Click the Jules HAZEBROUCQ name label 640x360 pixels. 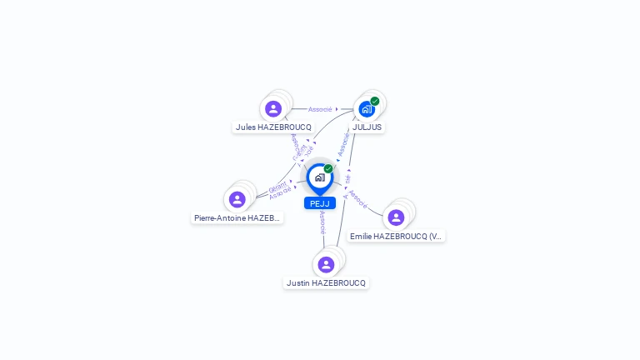tap(273, 127)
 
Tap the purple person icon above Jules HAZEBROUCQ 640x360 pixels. tap(273, 108)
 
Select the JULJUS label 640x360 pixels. tap(367, 127)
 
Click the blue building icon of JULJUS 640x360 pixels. tap(366, 109)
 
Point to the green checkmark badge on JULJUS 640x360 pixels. tap(375, 101)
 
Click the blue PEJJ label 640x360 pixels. tap(320, 203)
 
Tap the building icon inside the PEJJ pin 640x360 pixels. tap(319, 177)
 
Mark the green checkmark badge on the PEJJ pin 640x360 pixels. tap(328, 168)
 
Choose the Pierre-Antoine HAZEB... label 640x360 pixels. tap(237, 218)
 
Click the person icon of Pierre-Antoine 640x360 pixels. tap(237, 199)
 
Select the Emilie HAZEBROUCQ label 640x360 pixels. tap(396, 237)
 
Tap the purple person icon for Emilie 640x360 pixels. tap(396, 217)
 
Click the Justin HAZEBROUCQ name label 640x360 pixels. tap(326, 283)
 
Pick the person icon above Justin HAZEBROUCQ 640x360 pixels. tap(326, 264)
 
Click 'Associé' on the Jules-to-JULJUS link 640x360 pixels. tap(320, 109)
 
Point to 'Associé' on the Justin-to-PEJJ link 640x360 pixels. tap(322, 222)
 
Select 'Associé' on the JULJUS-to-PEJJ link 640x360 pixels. tap(343, 144)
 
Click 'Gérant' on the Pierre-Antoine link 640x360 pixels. tap(277, 185)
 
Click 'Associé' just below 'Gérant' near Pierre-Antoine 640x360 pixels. tap(281, 193)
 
